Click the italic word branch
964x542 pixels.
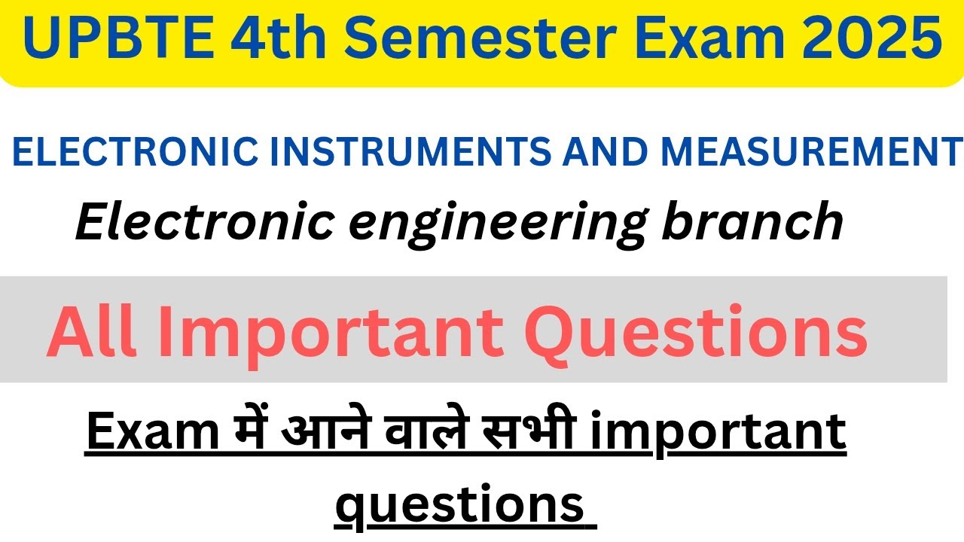(x=753, y=221)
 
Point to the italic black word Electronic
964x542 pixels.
(x=203, y=221)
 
